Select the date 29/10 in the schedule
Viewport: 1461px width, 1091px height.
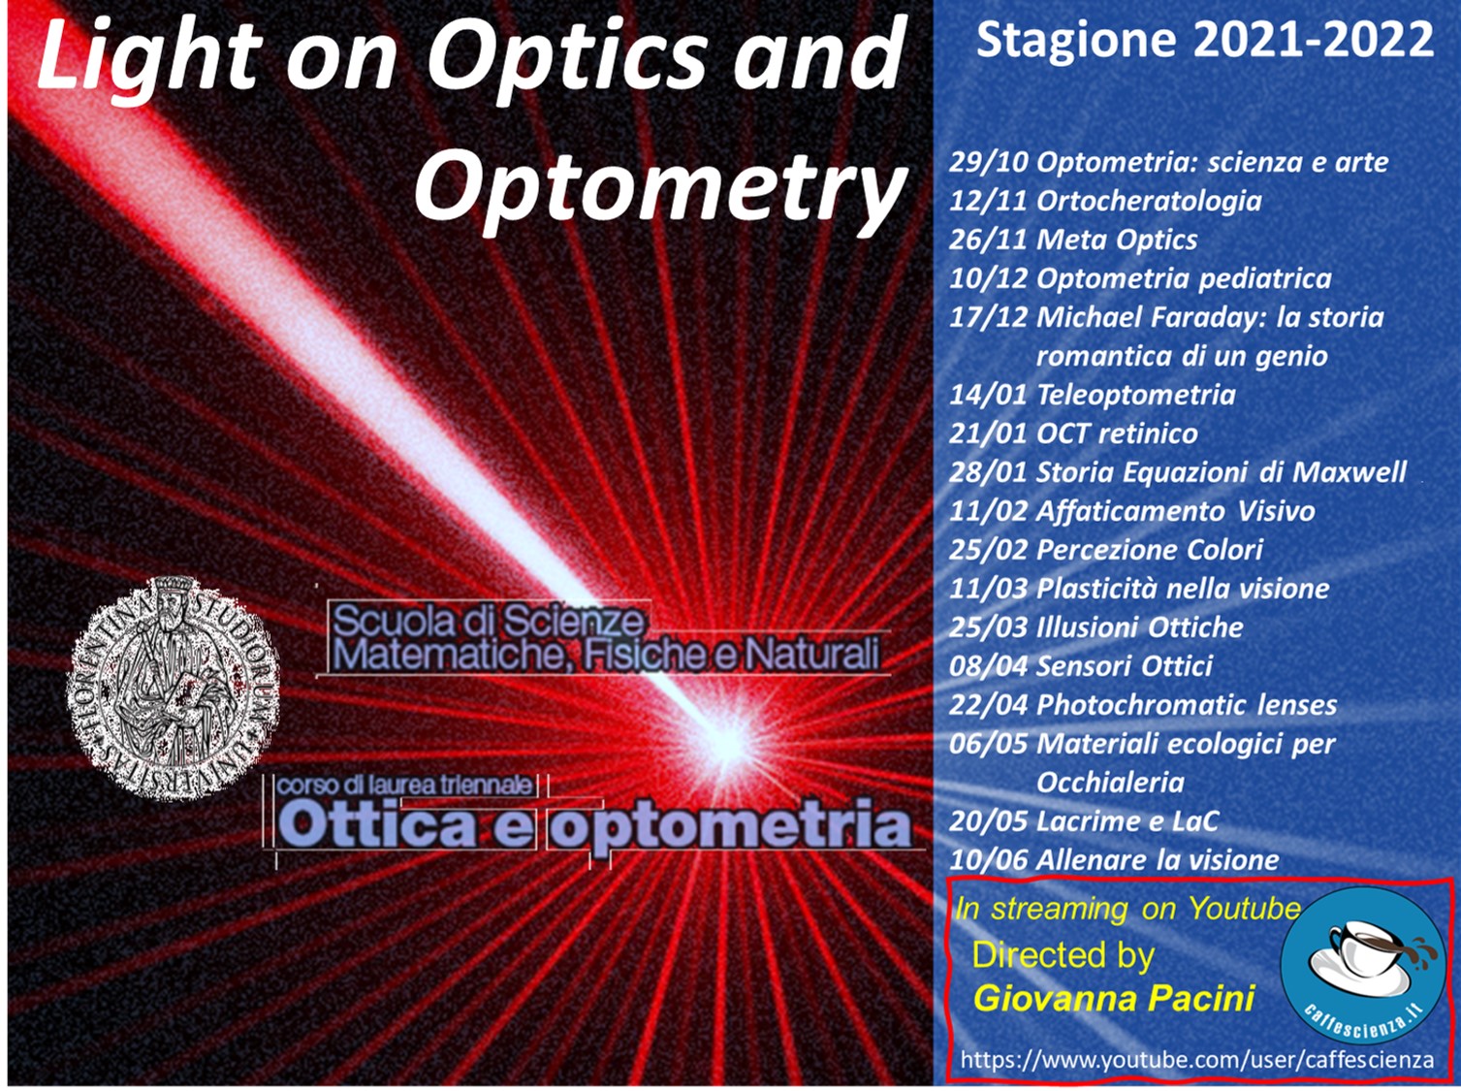(989, 162)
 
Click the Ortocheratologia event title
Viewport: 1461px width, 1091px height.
(1149, 201)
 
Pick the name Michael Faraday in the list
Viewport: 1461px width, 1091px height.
(1148, 317)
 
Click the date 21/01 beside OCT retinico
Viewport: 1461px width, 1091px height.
(989, 433)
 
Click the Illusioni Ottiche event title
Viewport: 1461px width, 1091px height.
(1139, 627)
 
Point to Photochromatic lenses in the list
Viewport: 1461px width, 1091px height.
(1186, 704)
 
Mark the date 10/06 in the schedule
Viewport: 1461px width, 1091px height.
(989, 860)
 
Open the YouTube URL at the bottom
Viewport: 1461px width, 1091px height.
(1196, 1059)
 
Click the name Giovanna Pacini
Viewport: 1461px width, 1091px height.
(1114, 999)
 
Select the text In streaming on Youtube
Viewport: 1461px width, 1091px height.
(1128, 909)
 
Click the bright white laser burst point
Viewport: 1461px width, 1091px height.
(729, 741)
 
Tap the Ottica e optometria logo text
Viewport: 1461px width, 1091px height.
(593, 825)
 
